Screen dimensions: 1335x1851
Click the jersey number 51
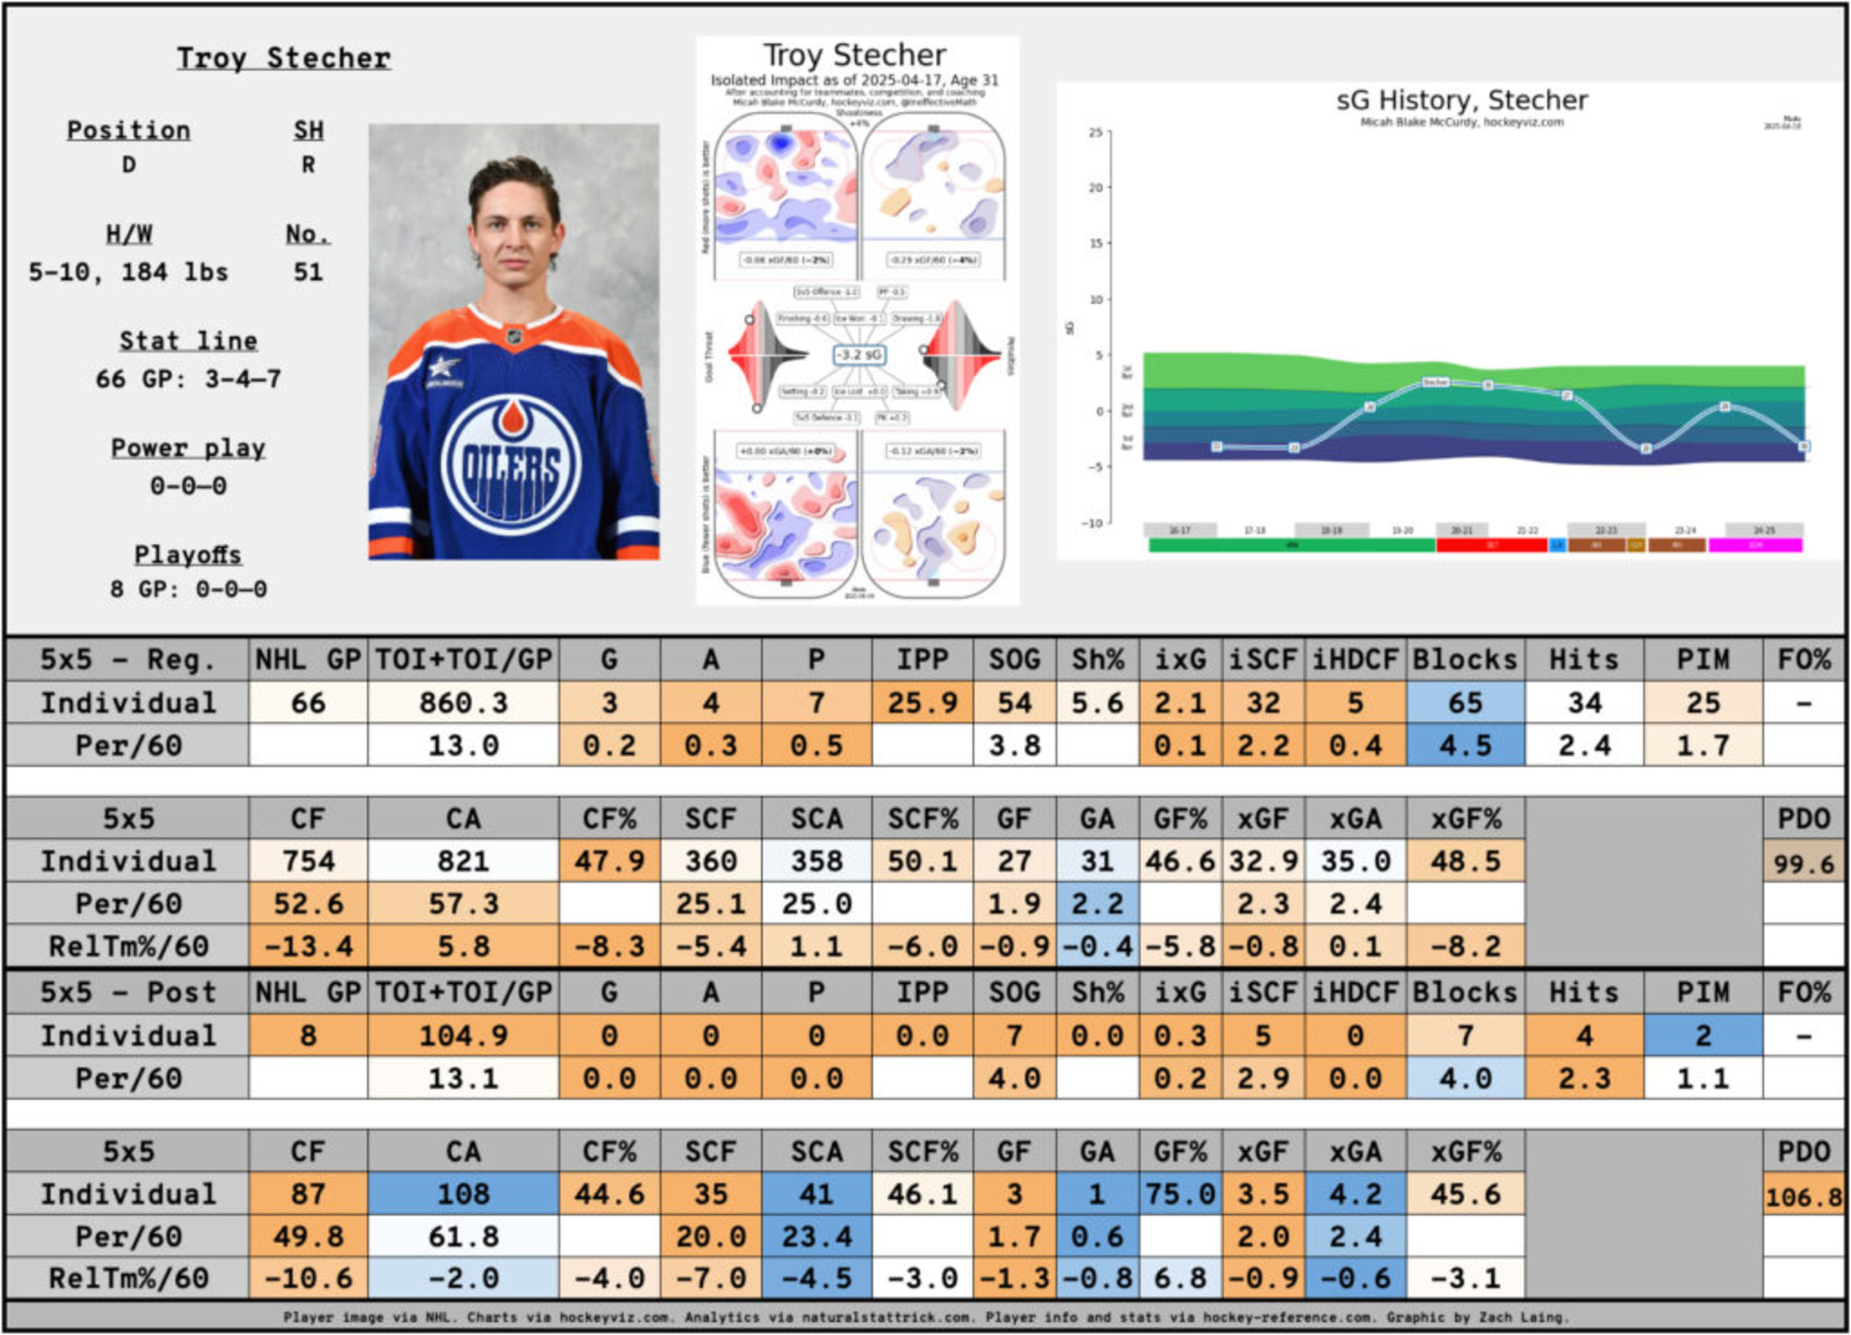click(x=308, y=272)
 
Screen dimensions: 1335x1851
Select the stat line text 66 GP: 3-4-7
click(x=188, y=379)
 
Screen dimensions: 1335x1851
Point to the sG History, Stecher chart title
click(x=1461, y=101)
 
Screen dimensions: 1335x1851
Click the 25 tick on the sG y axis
click(x=1094, y=133)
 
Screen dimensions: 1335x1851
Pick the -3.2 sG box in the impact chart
click(x=860, y=355)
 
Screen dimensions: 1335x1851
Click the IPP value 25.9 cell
click(x=923, y=703)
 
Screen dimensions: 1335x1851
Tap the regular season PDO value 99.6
click(x=1803, y=863)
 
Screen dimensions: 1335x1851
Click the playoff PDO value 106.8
click(x=1803, y=1197)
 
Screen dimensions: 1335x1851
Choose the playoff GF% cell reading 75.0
click(x=1180, y=1193)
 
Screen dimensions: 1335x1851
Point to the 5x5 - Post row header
click(x=128, y=992)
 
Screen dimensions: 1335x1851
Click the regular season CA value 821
click(x=463, y=862)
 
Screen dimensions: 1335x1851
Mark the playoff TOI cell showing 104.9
click(x=463, y=1036)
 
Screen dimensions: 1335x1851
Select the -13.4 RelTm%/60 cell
click(x=308, y=946)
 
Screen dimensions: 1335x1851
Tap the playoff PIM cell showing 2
click(x=1702, y=1036)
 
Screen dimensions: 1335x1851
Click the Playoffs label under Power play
click(x=188, y=554)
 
